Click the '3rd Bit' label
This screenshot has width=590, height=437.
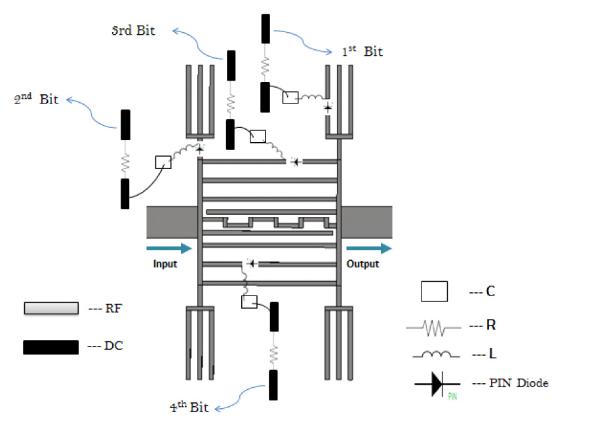(x=133, y=30)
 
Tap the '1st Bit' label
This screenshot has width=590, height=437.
(x=362, y=51)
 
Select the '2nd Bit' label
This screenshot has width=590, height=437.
(x=36, y=98)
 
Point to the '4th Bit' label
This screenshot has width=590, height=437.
(x=189, y=407)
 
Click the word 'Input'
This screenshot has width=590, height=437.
(x=165, y=264)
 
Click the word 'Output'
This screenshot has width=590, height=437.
(x=363, y=264)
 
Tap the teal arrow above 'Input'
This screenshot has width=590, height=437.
(x=169, y=248)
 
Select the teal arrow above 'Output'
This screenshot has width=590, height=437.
(x=369, y=248)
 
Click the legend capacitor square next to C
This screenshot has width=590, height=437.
(x=434, y=292)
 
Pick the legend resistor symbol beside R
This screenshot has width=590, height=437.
(x=433, y=328)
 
